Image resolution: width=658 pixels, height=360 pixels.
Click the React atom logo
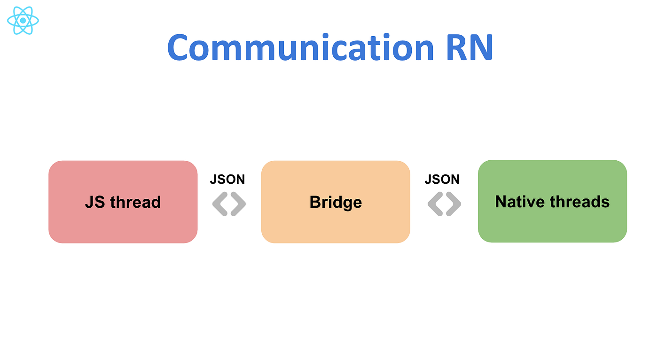tap(23, 21)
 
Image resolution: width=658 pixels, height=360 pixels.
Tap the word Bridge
tap(336, 202)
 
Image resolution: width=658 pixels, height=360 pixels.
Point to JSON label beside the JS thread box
tap(227, 180)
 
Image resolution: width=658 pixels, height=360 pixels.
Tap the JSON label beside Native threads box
tap(442, 180)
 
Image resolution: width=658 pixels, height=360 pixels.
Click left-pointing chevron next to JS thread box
tap(220, 204)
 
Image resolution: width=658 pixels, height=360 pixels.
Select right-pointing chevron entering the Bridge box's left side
tap(238, 204)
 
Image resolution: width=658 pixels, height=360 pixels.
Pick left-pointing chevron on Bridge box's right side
tap(435, 204)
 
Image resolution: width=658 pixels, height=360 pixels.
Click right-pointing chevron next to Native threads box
tap(454, 204)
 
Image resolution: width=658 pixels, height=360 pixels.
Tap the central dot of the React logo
tap(23, 21)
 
